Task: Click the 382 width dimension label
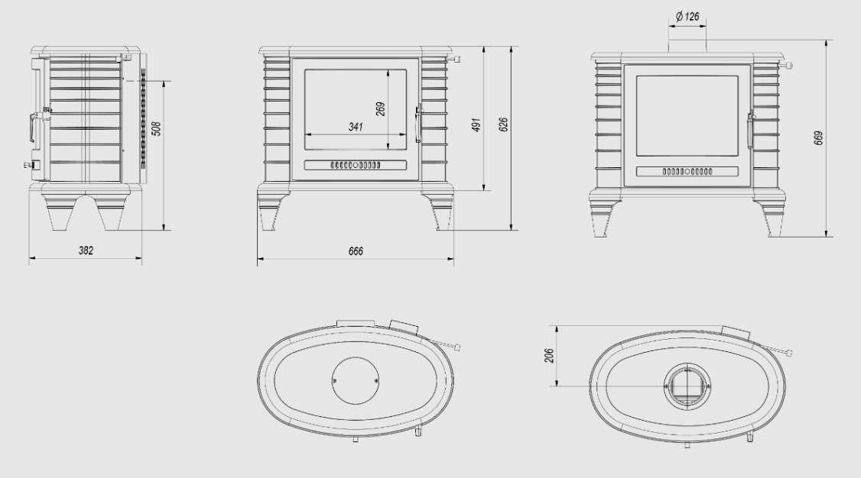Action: click(86, 250)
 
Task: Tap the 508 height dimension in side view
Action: click(157, 129)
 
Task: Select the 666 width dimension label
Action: click(356, 251)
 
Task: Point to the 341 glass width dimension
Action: click(356, 127)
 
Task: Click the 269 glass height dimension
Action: click(381, 108)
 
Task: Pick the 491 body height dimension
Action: click(476, 124)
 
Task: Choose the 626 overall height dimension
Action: click(504, 124)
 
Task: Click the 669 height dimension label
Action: click(818, 137)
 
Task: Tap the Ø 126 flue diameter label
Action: click(687, 17)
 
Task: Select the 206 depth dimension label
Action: click(548, 355)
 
